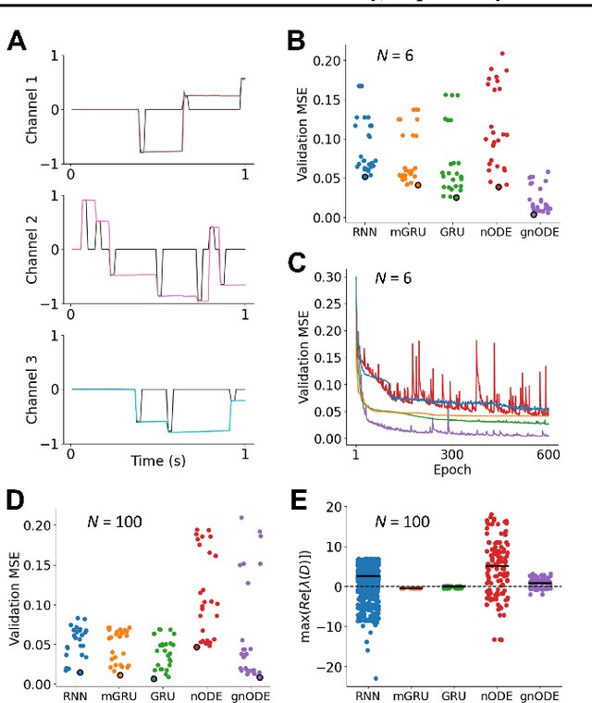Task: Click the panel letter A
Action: (x=18, y=43)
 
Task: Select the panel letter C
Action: (x=297, y=265)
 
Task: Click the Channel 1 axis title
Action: (x=32, y=109)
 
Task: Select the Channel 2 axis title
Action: (x=32, y=250)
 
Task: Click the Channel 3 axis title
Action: (x=32, y=389)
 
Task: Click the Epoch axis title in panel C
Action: (x=452, y=469)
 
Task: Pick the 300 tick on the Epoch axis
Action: (x=451, y=455)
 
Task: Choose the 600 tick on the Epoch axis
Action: (x=548, y=455)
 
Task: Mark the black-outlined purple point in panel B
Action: (x=534, y=215)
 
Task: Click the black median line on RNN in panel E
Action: (x=368, y=576)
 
